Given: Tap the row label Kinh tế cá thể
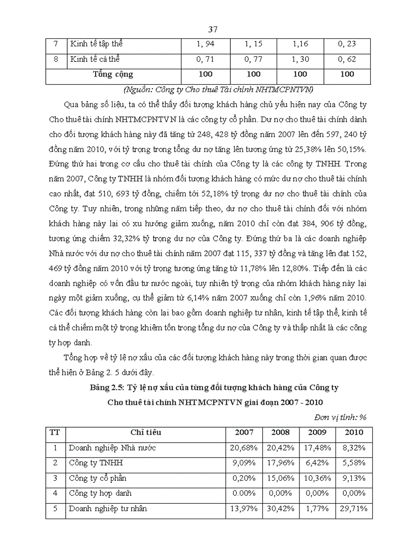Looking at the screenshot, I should pos(95,59).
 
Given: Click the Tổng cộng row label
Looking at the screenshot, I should pos(113,75).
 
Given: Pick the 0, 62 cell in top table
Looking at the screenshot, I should pos(346,59).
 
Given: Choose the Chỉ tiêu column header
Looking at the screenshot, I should pos(146,433).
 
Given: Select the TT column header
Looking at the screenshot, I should pos(55,433).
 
